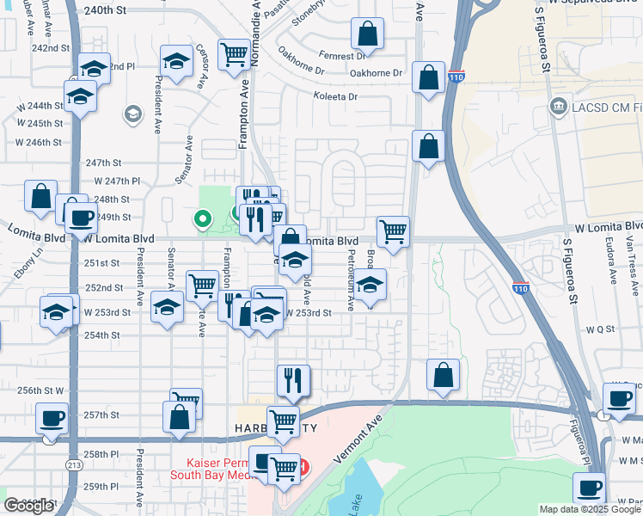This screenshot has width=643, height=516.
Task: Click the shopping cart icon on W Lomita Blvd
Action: coord(393,230)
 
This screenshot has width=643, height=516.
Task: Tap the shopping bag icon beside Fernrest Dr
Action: coord(367,34)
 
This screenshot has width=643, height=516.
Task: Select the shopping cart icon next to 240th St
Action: coord(234,55)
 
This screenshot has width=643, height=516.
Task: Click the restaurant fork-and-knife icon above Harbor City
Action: coord(293,379)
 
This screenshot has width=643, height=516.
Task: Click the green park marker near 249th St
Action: coord(203,219)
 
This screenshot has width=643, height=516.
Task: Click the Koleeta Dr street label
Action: coord(335,97)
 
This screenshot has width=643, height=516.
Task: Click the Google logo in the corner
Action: coord(28,506)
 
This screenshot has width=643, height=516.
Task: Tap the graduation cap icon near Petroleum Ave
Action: coord(370,285)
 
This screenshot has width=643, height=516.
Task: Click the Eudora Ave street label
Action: coord(612,258)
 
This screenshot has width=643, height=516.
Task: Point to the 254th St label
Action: coord(101,335)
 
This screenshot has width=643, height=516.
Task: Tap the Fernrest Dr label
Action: coord(341,55)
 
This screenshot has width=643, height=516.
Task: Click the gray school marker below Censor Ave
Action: coord(132,114)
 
